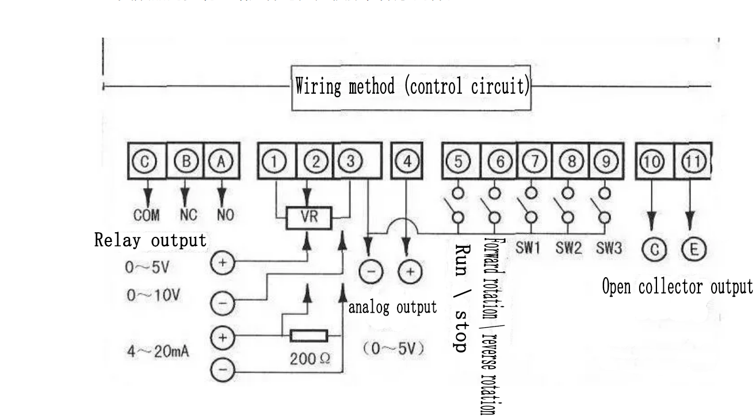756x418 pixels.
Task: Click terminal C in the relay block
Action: [146, 162]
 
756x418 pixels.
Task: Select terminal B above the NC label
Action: [184, 162]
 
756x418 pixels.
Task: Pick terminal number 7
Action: [536, 162]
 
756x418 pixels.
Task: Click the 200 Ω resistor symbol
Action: [308, 336]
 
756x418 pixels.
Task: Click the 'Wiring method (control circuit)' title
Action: [412, 87]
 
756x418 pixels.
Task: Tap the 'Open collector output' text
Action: [677, 286]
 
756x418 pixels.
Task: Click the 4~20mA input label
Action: [158, 351]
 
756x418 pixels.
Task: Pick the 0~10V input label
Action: [153, 296]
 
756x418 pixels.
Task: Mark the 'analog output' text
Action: [393, 307]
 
